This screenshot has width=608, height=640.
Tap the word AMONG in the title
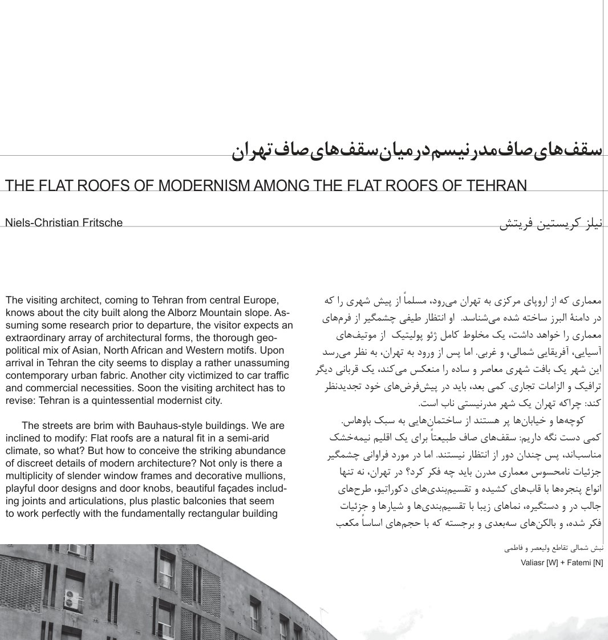(x=281, y=185)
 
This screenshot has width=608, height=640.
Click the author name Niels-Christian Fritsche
(x=63, y=222)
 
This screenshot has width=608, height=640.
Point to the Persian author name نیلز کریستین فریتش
(x=550, y=223)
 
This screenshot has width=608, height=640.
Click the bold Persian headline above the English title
(x=416, y=150)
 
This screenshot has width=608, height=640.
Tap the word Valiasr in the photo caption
(x=533, y=562)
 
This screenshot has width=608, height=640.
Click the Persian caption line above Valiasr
(x=554, y=549)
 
